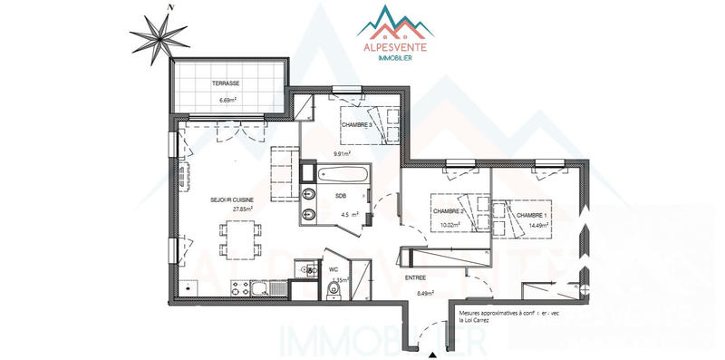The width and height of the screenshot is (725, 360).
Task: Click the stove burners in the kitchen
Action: click(x=241, y=287)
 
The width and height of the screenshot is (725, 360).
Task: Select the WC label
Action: click(x=333, y=269)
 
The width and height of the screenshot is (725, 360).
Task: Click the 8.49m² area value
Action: click(x=423, y=293)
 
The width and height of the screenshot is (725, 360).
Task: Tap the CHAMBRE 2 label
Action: click(x=449, y=211)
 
